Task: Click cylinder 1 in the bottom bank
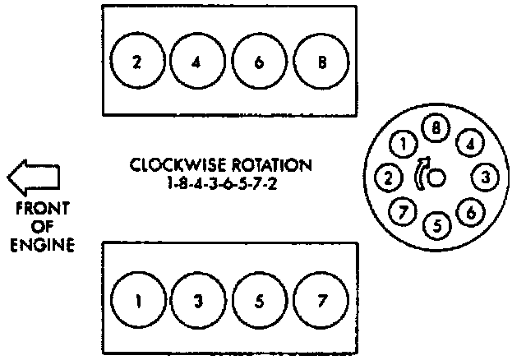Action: tap(138, 300)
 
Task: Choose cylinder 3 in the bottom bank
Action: tap(199, 300)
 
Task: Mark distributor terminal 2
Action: tap(386, 176)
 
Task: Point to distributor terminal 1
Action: tap(401, 145)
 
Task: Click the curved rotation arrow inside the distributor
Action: tap(421, 174)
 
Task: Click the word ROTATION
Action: tap(272, 165)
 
